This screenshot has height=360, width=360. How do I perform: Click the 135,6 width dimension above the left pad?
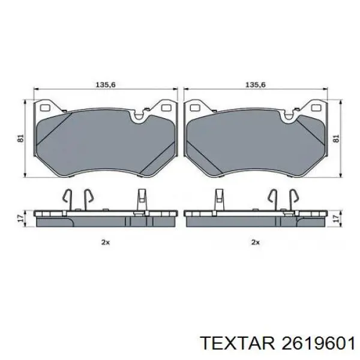[x=106, y=85]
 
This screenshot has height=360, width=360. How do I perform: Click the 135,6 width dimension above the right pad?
[x=256, y=85]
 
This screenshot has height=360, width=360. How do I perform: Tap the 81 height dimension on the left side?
[x=21, y=138]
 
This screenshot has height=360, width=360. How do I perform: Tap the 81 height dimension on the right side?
[x=336, y=138]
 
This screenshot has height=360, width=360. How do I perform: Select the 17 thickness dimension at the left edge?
[x=21, y=218]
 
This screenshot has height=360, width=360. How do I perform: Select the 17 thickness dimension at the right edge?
[x=337, y=218]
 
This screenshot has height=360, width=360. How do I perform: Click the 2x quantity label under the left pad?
[x=106, y=242]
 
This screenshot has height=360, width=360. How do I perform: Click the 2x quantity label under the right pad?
[x=256, y=242]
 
